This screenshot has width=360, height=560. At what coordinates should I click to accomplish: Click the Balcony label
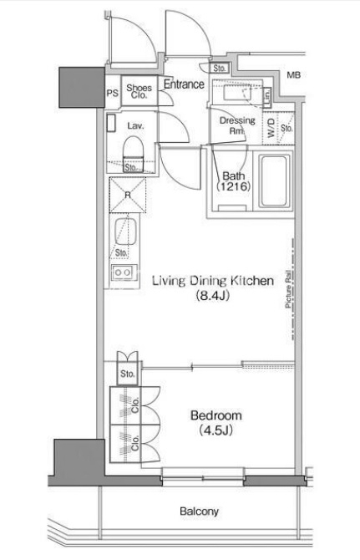[199, 512]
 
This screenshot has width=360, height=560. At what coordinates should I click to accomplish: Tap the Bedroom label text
[215, 415]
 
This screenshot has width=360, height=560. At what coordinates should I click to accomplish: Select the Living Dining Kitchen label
[213, 281]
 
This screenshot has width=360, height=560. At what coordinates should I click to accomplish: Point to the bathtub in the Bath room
[273, 181]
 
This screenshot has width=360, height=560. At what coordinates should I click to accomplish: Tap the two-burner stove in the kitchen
[124, 273]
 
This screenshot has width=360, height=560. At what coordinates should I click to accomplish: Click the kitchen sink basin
[125, 232]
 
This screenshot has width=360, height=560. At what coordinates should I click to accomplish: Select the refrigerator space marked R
[127, 195]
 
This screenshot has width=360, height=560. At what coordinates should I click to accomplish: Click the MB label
[294, 75]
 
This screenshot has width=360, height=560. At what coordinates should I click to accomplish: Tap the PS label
[113, 94]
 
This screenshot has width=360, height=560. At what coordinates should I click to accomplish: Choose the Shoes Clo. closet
[139, 91]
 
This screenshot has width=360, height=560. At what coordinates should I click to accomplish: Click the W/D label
[271, 128]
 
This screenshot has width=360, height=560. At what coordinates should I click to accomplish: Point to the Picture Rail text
[289, 289]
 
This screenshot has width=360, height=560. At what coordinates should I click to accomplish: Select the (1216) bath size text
[234, 186]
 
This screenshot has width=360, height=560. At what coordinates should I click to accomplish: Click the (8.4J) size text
[212, 296]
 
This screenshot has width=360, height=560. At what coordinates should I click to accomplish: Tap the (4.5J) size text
[215, 430]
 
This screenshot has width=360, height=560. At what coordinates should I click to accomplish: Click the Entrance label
[184, 84]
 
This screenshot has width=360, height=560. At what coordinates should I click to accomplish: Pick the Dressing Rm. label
[237, 125]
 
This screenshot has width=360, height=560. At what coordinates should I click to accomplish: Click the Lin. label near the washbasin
[267, 96]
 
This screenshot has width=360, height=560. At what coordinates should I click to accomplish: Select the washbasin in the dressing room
[236, 94]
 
